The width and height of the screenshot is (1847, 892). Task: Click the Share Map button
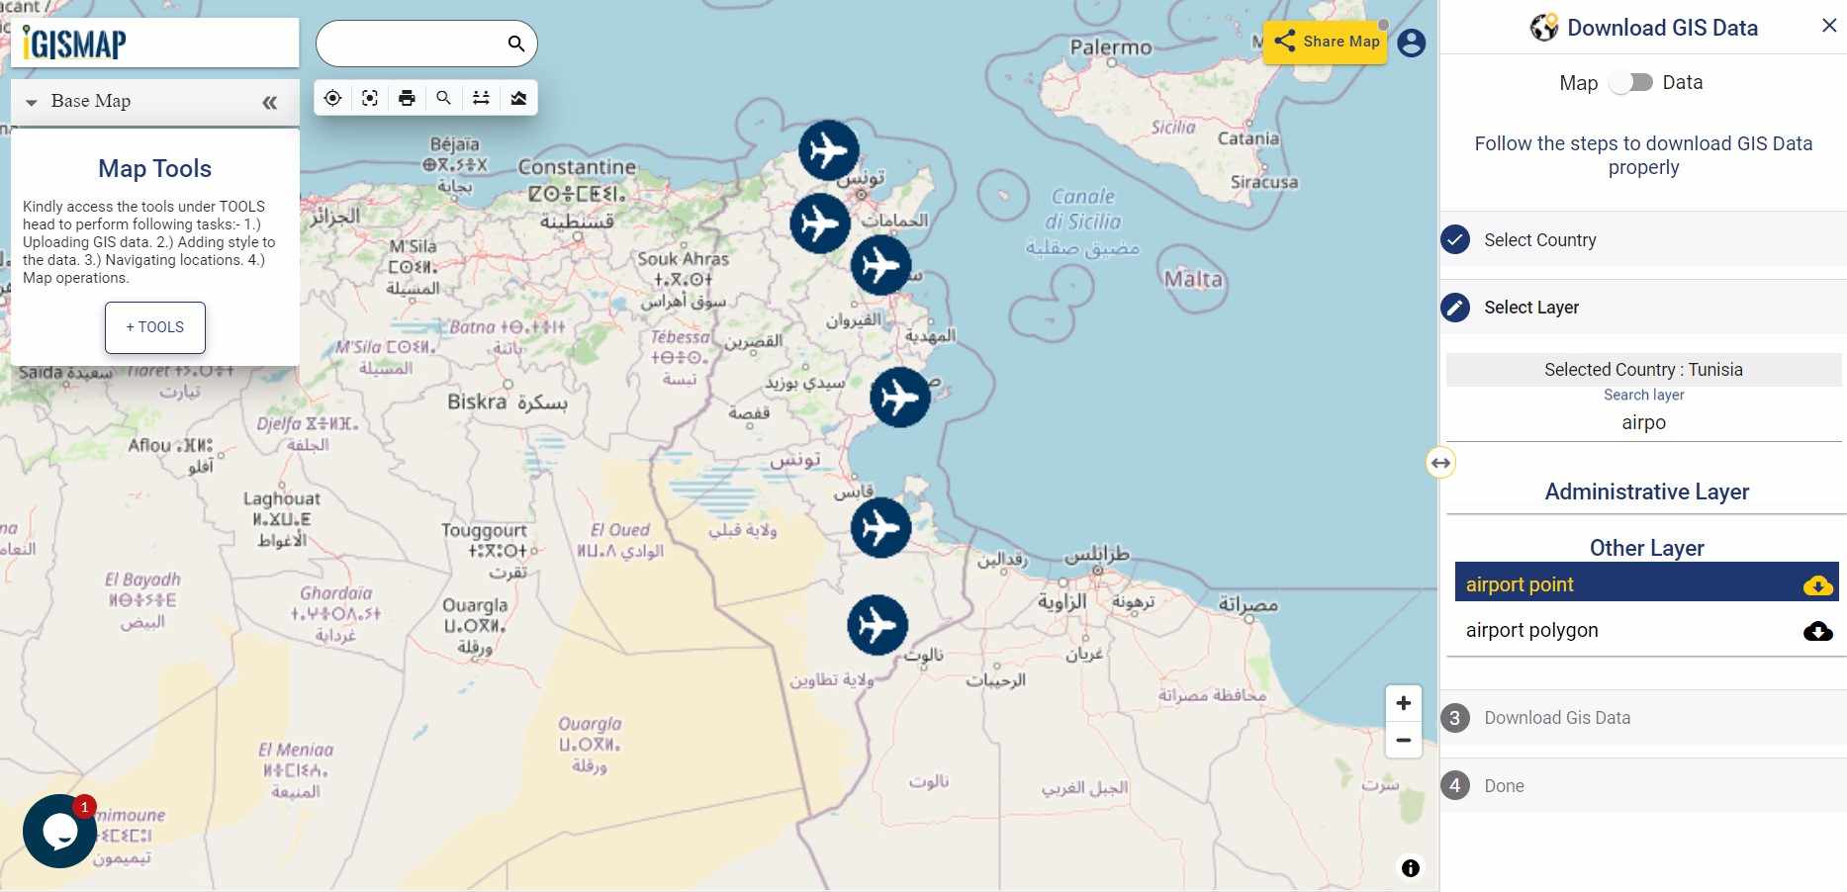(1326, 42)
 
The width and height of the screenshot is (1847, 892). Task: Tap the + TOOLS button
(155, 327)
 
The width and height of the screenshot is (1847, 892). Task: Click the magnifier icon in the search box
(515, 44)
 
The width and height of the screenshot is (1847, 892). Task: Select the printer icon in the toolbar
(407, 98)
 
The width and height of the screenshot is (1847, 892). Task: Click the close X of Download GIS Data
(1829, 26)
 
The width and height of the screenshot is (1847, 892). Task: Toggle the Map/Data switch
(1630, 83)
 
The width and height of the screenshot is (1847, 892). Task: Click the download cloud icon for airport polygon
(1817, 631)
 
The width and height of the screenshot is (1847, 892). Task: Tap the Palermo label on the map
(1110, 46)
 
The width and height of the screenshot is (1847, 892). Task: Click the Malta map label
(1192, 279)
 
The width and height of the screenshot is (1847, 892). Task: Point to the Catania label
(1247, 138)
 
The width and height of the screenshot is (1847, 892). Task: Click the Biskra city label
(478, 401)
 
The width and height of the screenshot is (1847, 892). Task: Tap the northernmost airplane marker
(828, 150)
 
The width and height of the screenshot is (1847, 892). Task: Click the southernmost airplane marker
(877, 625)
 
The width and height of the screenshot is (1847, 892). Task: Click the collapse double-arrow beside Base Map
(269, 102)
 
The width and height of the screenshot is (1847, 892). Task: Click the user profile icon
(1412, 43)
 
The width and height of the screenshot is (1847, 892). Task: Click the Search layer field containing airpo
(1643, 423)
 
